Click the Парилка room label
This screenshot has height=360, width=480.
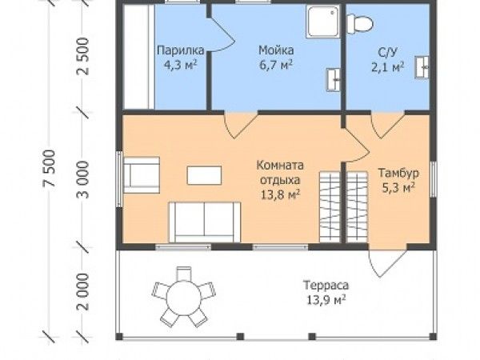pyautogui.click(x=180, y=50)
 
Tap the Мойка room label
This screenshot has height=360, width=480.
pyautogui.click(x=276, y=50)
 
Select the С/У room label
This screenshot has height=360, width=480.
pyautogui.click(x=387, y=52)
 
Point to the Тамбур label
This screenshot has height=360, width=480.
pyautogui.click(x=398, y=173)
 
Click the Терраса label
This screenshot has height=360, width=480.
pyautogui.click(x=326, y=285)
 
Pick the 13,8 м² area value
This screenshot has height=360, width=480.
pyautogui.click(x=280, y=194)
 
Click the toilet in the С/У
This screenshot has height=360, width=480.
pyautogui.click(x=360, y=23)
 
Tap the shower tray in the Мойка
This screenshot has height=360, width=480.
pyautogui.click(x=323, y=22)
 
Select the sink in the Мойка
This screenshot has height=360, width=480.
pyautogui.click(x=333, y=80)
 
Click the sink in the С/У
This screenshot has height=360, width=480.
pyautogui.click(x=422, y=67)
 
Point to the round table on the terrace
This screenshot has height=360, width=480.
pyautogui.click(x=184, y=298)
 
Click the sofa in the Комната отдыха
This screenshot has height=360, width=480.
pyautogui.click(x=205, y=222)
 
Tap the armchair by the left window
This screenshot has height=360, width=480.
pyautogui.click(x=142, y=174)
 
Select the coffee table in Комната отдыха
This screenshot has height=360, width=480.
pyautogui.click(x=204, y=175)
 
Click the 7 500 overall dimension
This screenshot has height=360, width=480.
pyautogui.click(x=50, y=168)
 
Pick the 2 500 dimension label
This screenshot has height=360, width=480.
pyautogui.click(x=82, y=56)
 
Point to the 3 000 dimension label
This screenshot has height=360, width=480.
pyautogui.click(x=82, y=180)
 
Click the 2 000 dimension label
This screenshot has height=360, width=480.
pyautogui.click(x=82, y=292)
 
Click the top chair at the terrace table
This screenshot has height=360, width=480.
pyautogui.click(x=184, y=273)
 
